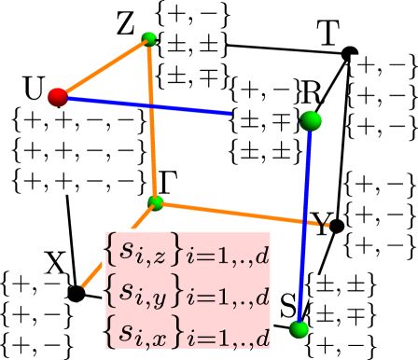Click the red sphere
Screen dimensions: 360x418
[x=58, y=96]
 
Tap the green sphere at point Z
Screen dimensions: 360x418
[x=149, y=39]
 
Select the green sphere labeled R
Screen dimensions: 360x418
[x=311, y=120]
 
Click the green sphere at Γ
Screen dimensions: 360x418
[x=156, y=202]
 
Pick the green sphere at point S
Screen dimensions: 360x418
[x=299, y=328]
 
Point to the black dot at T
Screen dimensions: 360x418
[x=350, y=53]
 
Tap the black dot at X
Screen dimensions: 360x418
[x=77, y=294]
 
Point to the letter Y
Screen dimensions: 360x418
[x=321, y=225]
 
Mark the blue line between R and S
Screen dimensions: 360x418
[x=305, y=224]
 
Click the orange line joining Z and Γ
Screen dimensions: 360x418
[x=153, y=121]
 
